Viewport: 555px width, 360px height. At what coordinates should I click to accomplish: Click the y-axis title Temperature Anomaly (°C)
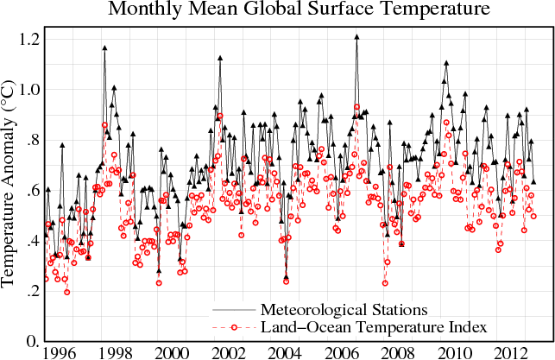coord(11,186)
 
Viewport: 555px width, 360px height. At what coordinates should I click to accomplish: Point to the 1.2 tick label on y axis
coord(28,40)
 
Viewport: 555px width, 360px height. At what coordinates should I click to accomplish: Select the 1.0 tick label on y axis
coord(28,91)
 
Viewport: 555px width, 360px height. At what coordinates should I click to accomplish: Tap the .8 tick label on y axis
coord(32,141)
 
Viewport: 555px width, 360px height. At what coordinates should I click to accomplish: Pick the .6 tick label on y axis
coord(32,192)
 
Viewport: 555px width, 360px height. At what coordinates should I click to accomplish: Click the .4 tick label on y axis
coord(32,243)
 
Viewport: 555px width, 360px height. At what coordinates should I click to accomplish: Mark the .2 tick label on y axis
coord(32,293)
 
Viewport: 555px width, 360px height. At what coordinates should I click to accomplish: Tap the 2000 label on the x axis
coord(170,352)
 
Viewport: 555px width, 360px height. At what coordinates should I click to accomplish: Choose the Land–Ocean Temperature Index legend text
coord(363,326)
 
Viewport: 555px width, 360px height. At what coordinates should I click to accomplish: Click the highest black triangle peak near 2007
coord(356,37)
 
